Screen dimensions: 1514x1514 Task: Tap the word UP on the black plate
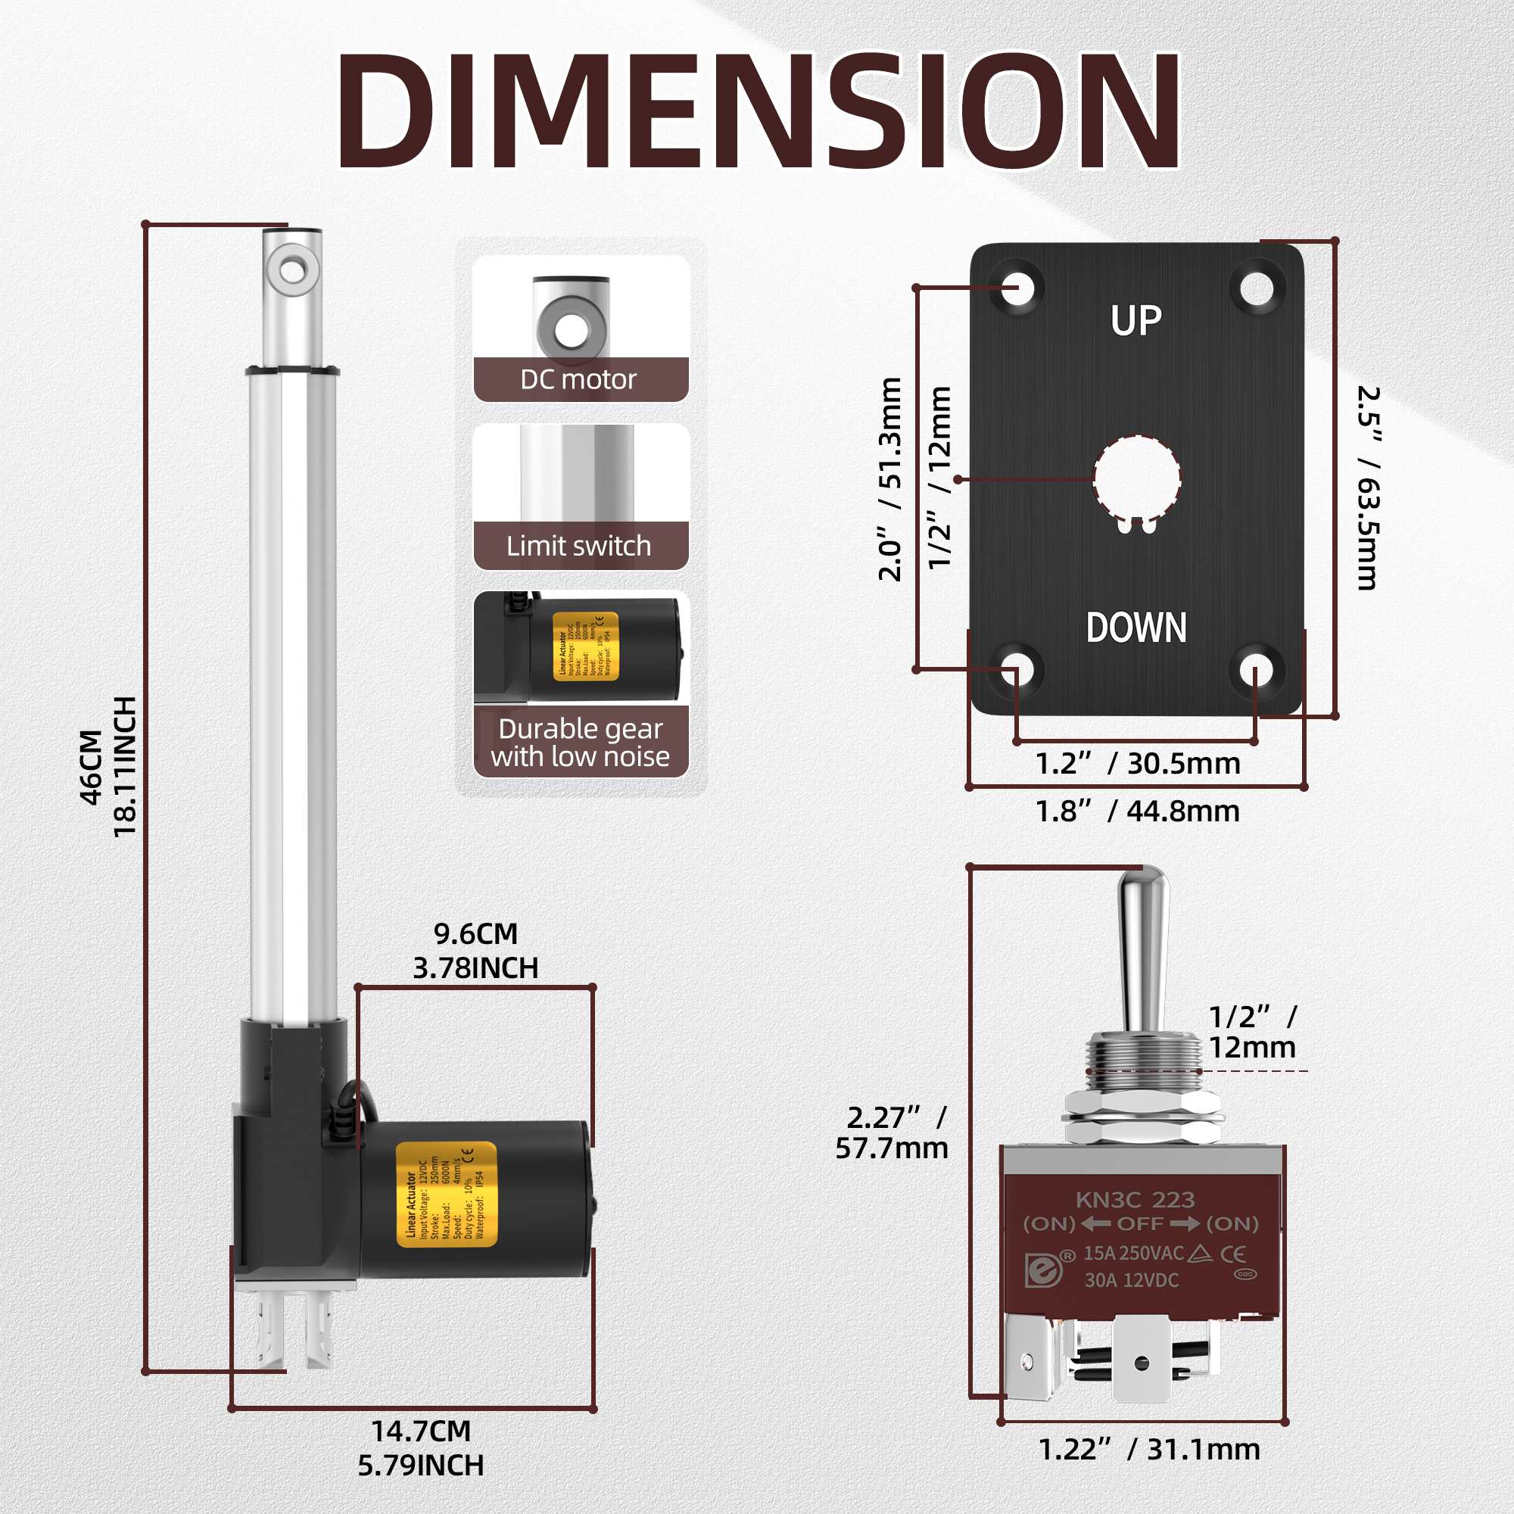click(x=1135, y=320)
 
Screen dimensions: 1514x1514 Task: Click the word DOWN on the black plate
click(x=1135, y=628)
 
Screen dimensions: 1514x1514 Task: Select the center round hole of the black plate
click(x=1136, y=478)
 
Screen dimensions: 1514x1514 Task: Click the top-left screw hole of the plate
click(x=1017, y=288)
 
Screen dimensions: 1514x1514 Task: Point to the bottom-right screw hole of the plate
click(x=1256, y=671)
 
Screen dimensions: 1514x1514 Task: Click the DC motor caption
click(x=578, y=380)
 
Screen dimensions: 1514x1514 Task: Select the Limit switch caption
click(x=578, y=545)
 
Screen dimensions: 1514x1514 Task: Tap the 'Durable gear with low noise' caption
click(x=580, y=742)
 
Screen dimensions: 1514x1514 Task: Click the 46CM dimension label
click(x=92, y=766)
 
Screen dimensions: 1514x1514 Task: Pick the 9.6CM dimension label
click(x=475, y=934)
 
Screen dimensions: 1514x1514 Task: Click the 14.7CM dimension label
click(x=421, y=1431)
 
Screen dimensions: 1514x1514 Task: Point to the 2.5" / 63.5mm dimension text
click(x=1367, y=488)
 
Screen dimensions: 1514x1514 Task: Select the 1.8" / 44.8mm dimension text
click(x=1137, y=811)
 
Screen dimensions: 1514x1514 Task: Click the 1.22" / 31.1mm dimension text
click(x=1149, y=1450)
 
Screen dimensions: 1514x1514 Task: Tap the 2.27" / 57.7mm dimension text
click(x=892, y=1133)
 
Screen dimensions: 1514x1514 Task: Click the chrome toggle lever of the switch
click(x=1143, y=949)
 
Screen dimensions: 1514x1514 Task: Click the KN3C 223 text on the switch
click(x=1135, y=1200)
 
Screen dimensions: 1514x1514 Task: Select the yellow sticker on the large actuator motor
click(x=446, y=1195)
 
